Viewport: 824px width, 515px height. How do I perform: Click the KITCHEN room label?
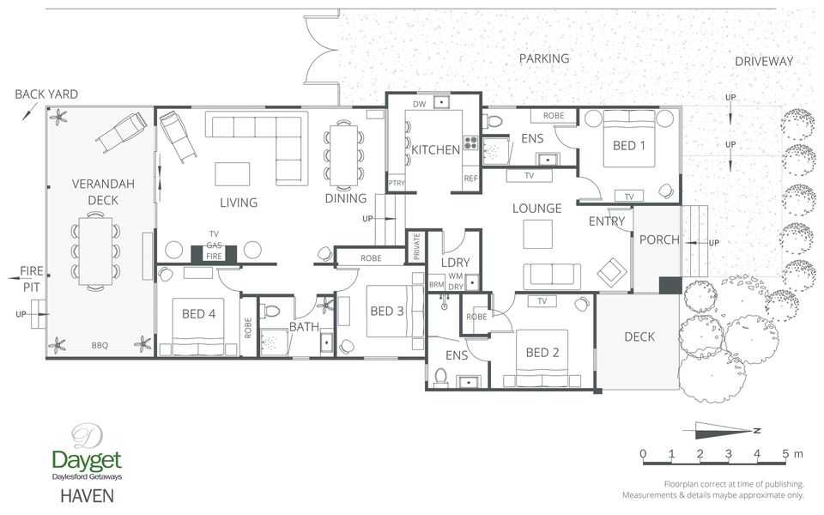tap(436, 149)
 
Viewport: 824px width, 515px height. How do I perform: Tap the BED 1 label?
tap(629, 145)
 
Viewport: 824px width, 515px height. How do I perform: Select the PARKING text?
tap(544, 58)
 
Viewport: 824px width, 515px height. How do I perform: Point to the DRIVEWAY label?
tap(764, 61)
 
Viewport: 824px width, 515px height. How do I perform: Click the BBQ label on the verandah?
tap(100, 345)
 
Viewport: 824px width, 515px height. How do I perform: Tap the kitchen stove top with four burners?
tap(470, 142)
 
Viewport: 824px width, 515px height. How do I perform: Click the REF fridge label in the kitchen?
tap(471, 179)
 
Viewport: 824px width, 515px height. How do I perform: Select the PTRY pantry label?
tap(397, 183)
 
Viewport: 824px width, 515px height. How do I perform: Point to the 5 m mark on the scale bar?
tap(785, 454)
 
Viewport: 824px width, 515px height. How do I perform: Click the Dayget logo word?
tap(87, 460)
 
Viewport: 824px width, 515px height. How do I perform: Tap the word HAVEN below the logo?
tap(88, 495)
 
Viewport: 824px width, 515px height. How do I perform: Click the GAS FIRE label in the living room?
tap(214, 251)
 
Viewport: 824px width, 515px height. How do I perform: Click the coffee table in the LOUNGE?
tap(537, 233)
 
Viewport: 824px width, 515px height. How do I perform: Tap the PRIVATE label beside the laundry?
tap(417, 246)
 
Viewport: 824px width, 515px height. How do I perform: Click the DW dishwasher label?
tap(420, 104)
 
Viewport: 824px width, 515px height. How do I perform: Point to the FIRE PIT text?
tap(32, 279)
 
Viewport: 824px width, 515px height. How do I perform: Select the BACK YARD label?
tap(46, 94)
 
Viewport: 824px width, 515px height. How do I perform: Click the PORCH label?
tap(659, 239)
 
